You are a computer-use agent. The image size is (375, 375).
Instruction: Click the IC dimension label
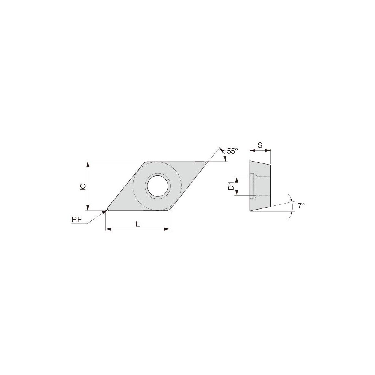(84, 186)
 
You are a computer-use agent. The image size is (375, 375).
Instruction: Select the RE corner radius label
(76, 221)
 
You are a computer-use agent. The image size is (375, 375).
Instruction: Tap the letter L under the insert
(138, 224)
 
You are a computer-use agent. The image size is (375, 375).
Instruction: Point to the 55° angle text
(232, 151)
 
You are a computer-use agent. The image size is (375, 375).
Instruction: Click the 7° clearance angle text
(301, 206)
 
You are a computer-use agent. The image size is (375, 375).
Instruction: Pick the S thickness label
(260, 145)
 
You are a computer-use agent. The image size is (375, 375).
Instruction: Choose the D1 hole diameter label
(231, 186)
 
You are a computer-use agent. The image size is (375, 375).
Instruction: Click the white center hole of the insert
(158, 186)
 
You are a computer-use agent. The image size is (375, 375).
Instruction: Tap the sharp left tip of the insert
(108, 208)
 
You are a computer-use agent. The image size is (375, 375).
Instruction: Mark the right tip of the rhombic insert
(206, 163)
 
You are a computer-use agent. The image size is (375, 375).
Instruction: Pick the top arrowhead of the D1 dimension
(237, 178)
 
